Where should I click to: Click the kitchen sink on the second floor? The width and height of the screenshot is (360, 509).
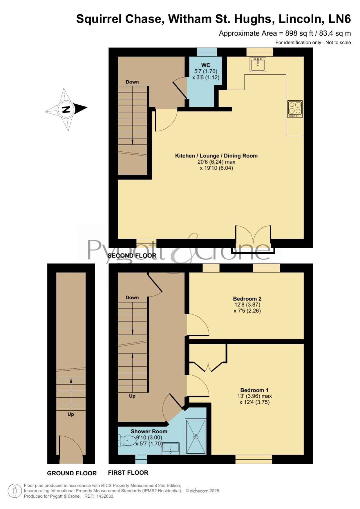click(x=258, y=64)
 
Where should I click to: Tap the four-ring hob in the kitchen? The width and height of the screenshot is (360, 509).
click(x=295, y=109)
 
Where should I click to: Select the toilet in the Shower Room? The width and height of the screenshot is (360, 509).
click(x=127, y=441)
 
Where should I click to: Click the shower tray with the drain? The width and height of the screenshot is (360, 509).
click(x=196, y=436)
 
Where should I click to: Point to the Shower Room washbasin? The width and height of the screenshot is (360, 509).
click(x=171, y=448)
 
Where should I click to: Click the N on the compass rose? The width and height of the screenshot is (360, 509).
click(x=66, y=109)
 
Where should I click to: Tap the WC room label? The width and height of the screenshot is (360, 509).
click(x=206, y=65)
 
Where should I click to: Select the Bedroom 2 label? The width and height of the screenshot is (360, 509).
click(x=247, y=298)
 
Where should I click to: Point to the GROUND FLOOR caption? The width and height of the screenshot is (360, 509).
click(x=72, y=473)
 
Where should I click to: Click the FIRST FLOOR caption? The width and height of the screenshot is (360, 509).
click(x=128, y=473)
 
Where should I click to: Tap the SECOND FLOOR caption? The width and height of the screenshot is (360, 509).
click(x=132, y=256)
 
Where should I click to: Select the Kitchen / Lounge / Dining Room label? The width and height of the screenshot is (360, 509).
click(x=216, y=156)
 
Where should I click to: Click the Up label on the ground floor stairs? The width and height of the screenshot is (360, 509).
click(x=71, y=414)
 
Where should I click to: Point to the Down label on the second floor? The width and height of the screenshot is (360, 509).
click(x=132, y=82)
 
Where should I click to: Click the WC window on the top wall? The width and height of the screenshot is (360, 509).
click(x=207, y=52)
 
